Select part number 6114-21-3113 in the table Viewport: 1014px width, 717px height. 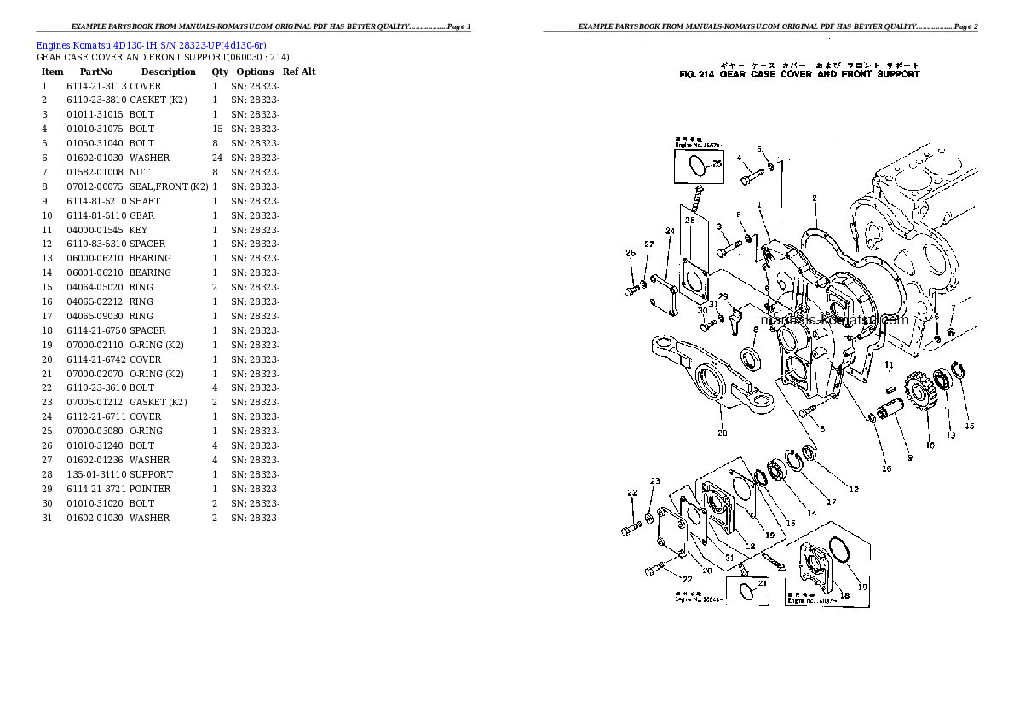96,86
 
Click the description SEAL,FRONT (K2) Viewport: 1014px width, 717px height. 169,186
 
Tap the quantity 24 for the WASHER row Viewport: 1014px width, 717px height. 216,158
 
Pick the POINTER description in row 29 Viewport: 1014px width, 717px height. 150,489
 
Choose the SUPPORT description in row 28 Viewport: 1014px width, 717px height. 151,474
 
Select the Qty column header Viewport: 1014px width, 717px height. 220,72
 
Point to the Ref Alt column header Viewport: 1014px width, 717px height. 299,72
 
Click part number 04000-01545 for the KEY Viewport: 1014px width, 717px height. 95,230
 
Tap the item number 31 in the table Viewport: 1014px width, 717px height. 47,518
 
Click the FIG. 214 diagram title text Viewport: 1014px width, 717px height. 798,75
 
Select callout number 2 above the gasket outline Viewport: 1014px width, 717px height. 815,198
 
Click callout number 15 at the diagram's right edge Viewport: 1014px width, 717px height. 968,426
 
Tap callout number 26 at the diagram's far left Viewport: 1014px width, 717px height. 631,252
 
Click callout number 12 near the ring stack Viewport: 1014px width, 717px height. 854,489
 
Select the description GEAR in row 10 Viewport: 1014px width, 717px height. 141,215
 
